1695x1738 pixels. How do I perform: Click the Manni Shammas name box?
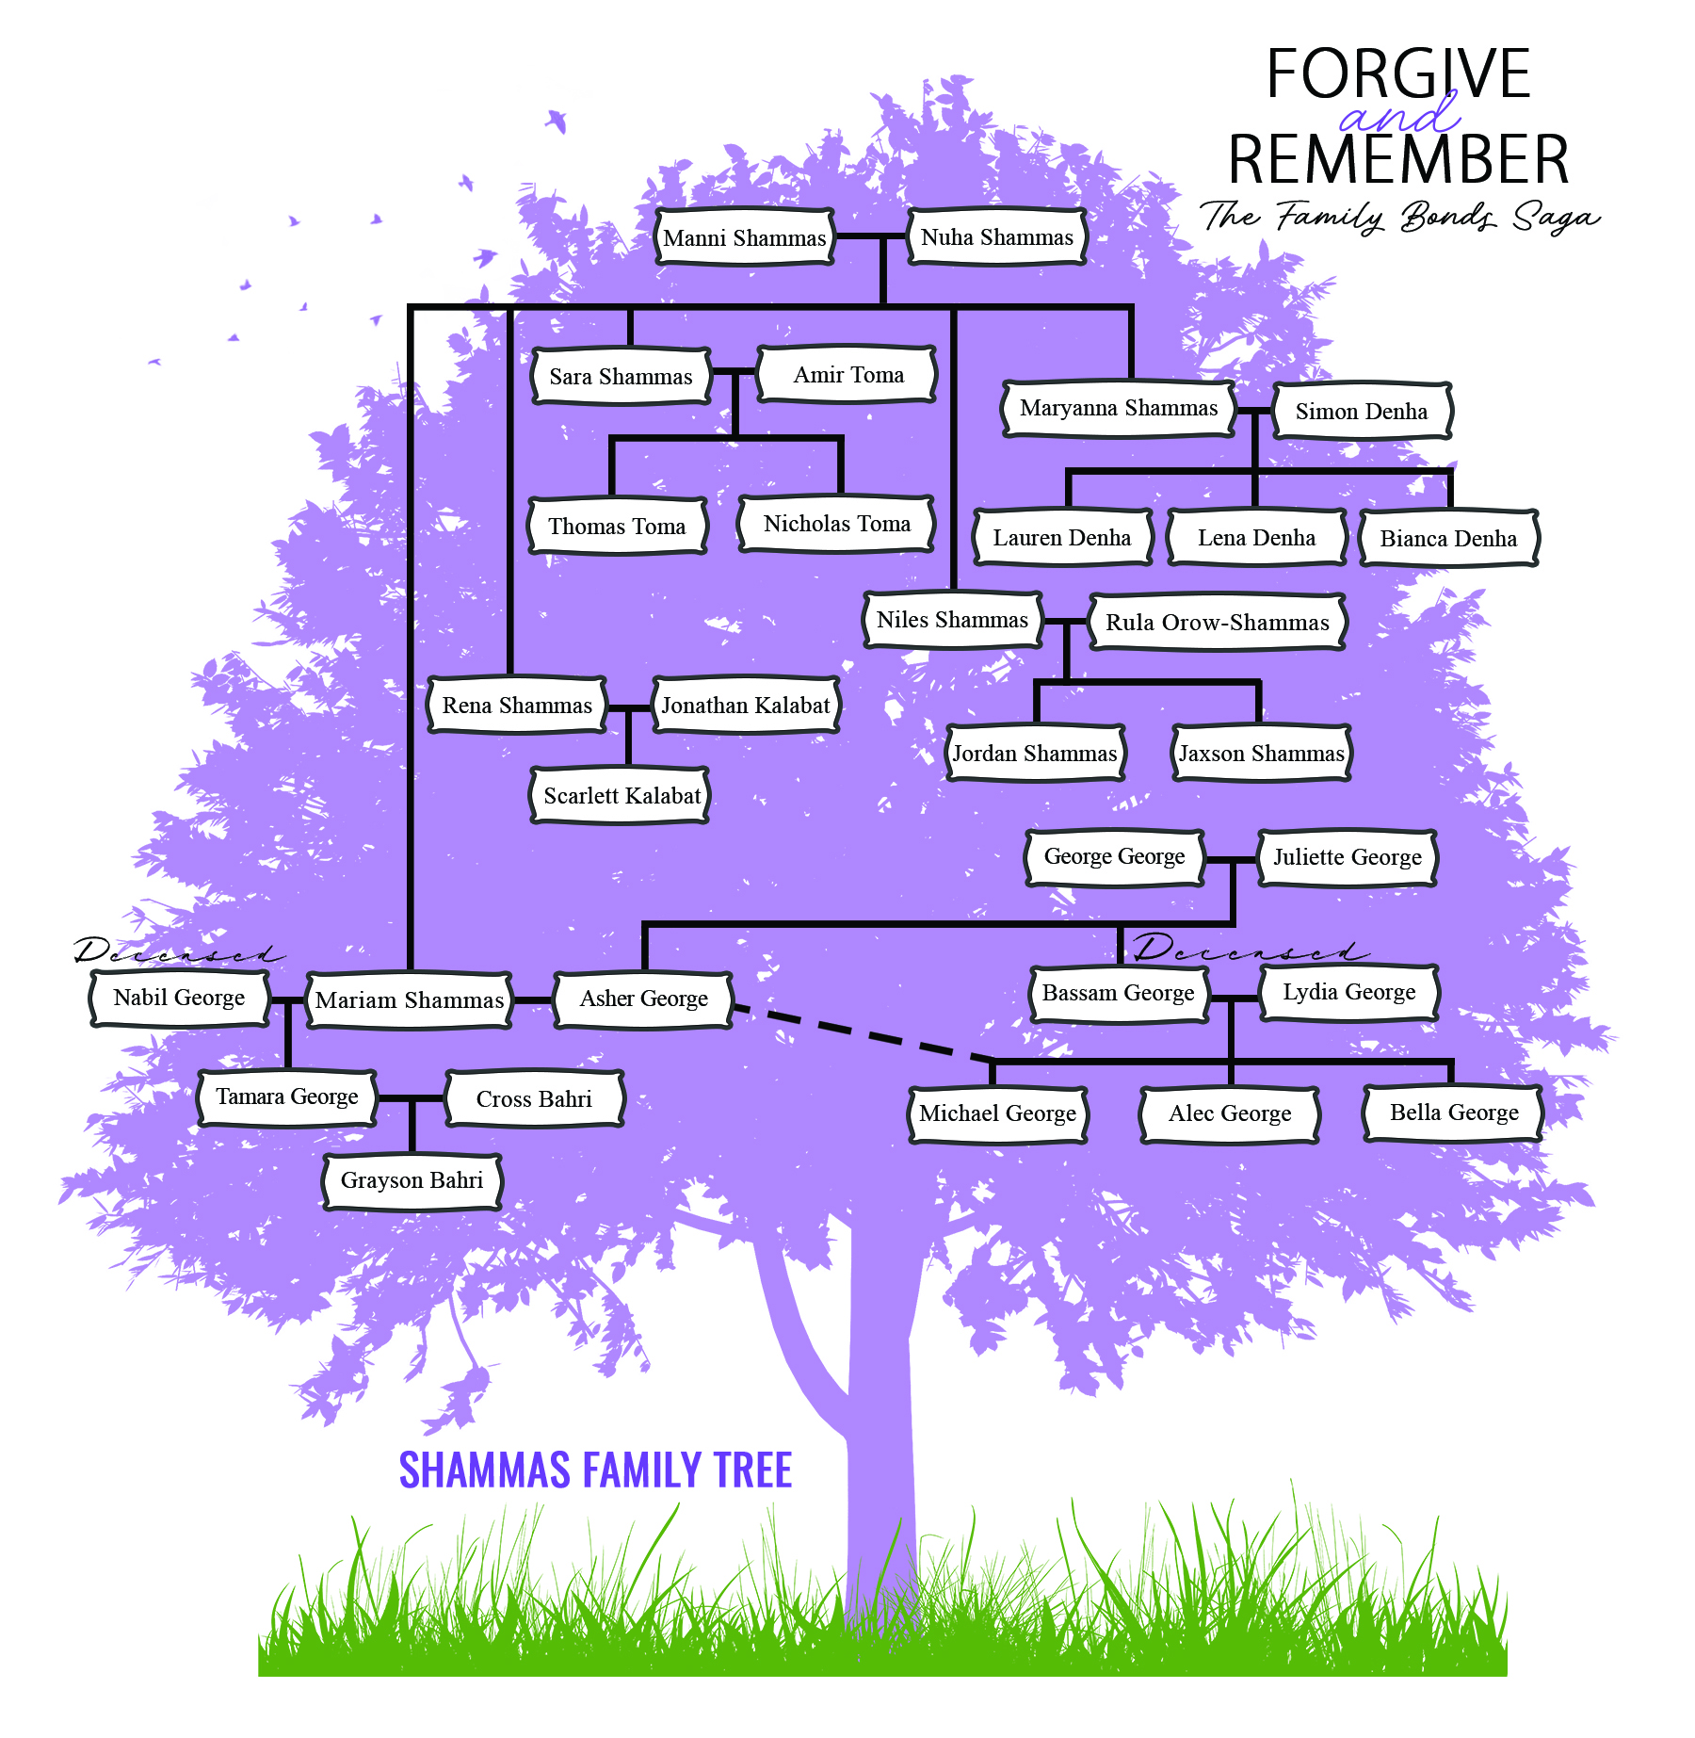point(744,237)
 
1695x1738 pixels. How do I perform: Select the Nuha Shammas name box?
point(996,237)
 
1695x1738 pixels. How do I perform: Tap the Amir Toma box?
point(847,375)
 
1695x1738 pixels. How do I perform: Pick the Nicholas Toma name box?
point(836,524)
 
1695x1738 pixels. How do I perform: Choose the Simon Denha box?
point(1361,412)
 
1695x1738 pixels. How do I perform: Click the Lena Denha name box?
point(1256,538)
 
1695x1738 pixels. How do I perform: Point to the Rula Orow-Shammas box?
point(1217,623)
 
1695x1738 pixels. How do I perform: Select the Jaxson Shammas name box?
point(1261,754)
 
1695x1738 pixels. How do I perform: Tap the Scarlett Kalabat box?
point(621,796)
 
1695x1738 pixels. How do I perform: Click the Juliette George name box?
point(1347,857)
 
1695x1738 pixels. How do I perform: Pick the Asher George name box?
point(643,999)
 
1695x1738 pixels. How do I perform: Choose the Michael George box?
point(997,1113)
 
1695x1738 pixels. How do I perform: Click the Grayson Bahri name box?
point(412,1180)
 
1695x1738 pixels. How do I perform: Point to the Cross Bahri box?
point(534,1099)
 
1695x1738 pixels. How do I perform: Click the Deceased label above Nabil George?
point(177,952)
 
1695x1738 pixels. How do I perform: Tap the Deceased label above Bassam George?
point(1249,950)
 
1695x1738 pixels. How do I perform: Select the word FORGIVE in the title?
point(1397,73)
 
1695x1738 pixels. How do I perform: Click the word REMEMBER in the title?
point(1397,159)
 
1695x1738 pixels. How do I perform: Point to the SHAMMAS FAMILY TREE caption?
point(595,1470)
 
